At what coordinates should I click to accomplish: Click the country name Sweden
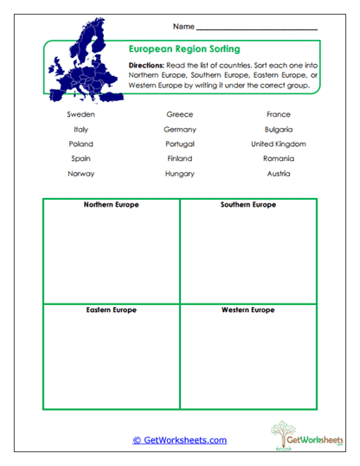(x=80, y=114)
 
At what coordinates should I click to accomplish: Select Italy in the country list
(x=80, y=129)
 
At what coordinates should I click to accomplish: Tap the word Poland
(x=80, y=144)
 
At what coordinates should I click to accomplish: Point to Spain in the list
(x=80, y=158)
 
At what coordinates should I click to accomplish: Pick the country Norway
(x=80, y=173)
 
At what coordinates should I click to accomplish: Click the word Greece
(x=179, y=114)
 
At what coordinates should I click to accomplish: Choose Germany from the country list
(x=179, y=129)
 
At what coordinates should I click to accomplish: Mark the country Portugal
(x=179, y=144)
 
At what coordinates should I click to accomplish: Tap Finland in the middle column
(x=179, y=158)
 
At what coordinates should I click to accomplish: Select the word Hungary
(x=179, y=173)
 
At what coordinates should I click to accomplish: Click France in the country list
(x=279, y=114)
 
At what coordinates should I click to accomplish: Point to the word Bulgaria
(x=279, y=129)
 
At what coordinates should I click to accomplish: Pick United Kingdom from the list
(x=279, y=144)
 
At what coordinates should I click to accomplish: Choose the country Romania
(x=279, y=158)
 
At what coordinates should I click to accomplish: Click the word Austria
(x=279, y=173)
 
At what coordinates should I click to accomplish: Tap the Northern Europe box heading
(x=111, y=205)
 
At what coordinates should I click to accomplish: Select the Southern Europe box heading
(x=248, y=205)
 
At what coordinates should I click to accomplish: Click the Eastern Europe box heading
(x=111, y=310)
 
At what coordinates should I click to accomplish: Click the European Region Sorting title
(x=184, y=49)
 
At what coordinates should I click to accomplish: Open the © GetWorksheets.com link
(x=180, y=440)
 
